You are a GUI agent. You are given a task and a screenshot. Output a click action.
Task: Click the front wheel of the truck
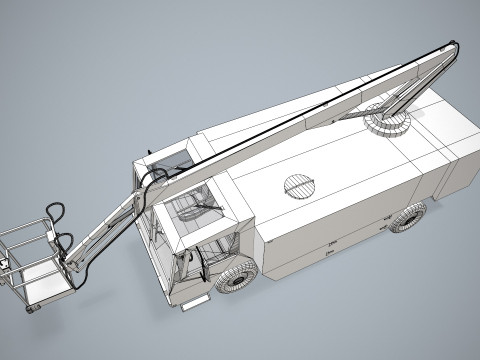point(238,275)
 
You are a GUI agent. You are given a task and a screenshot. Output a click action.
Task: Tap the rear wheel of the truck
point(408,217)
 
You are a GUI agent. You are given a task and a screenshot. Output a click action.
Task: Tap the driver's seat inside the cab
point(200,215)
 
